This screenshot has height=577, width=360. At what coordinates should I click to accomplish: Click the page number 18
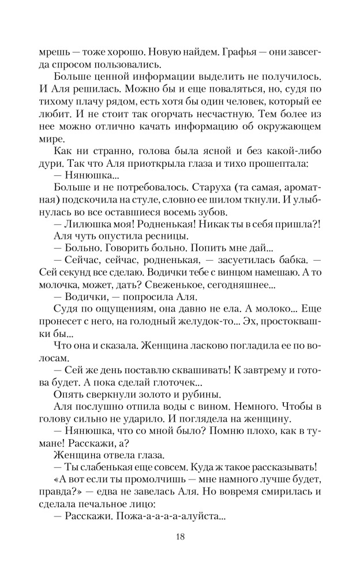179,538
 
